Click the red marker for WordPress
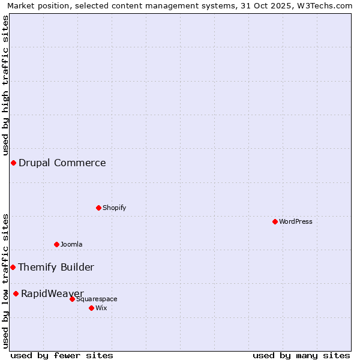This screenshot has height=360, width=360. coord(275,221)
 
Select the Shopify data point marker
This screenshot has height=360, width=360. coord(98,208)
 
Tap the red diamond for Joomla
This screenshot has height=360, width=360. coord(56,244)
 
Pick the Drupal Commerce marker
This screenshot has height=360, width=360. coord(13,163)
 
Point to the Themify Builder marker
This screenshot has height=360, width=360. coord(13,267)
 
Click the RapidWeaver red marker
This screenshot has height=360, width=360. coord(16,293)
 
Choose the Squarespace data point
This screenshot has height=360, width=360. coord(72,299)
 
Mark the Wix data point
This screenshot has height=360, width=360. coord(91,308)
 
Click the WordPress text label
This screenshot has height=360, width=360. coord(296,221)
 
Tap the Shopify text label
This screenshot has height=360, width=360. coord(115,208)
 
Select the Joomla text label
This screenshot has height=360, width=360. coord(71,244)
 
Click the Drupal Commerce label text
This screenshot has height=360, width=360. coord(62,163)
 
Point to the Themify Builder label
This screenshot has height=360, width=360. coord(56,267)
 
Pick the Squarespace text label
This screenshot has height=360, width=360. coord(97,299)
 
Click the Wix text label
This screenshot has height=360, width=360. coord(101,308)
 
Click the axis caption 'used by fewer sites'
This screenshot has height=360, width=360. coord(62,355)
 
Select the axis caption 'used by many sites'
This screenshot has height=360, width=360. coord(301,355)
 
